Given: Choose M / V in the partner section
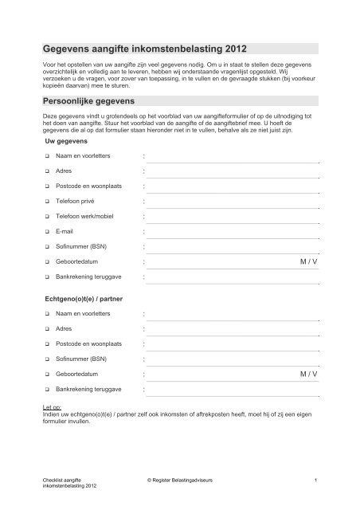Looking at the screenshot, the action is [307, 373].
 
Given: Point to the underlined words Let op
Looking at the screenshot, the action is [52, 406].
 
